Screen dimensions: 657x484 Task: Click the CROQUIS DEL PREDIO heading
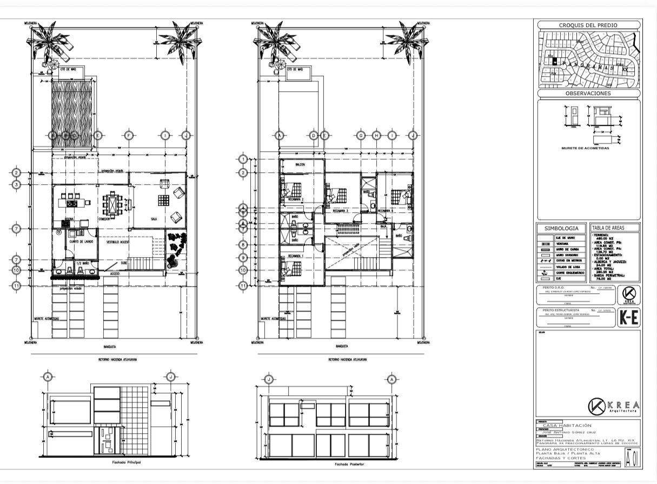point(588,25)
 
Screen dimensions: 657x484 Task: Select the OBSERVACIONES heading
point(588,93)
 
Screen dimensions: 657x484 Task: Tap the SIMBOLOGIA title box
point(561,228)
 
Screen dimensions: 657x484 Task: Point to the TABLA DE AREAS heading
point(607,228)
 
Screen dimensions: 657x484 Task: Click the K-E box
point(628,318)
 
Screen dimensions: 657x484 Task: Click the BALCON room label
point(301,164)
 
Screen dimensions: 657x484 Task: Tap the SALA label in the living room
point(154,219)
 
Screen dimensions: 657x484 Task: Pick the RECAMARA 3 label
point(342,211)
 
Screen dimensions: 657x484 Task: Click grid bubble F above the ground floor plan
point(129,135)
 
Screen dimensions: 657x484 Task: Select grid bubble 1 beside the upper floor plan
point(243,159)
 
